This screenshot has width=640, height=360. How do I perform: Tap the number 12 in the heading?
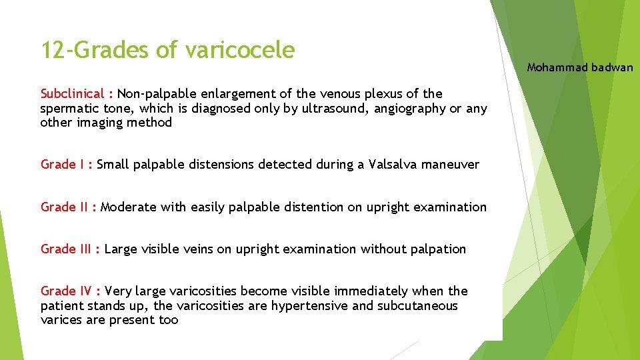click(53, 50)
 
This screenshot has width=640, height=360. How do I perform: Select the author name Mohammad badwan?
click(580, 67)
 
